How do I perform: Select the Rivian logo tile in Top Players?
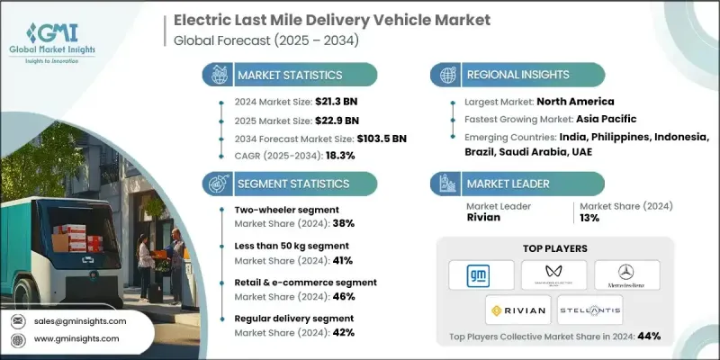[x=517, y=309]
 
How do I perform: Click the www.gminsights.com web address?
[x=76, y=338]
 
